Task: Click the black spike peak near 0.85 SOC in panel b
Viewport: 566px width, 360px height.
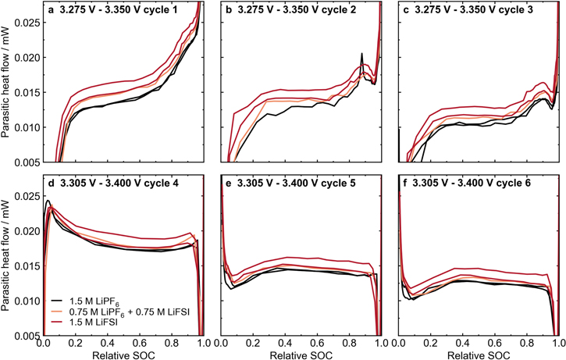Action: tap(361, 54)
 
